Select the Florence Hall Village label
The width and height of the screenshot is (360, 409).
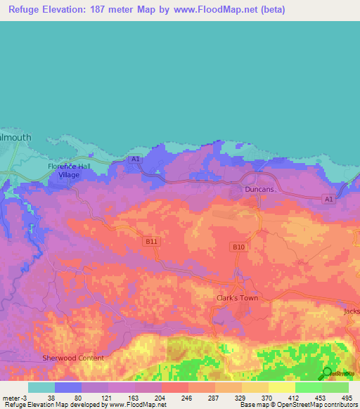click(x=69, y=170)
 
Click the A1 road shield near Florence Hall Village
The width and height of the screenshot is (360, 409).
click(x=135, y=160)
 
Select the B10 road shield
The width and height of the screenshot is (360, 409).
click(x=238, y=247)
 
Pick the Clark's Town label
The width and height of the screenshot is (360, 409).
click(x=236, y=298)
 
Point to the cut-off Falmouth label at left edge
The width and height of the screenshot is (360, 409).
click(x=15, y=138)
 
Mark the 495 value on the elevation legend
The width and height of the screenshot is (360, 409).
click(x=347, y=397)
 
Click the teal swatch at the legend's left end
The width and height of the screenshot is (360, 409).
click(x=41, y=387)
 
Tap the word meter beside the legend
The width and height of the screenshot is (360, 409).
click(x=11, y=397)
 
